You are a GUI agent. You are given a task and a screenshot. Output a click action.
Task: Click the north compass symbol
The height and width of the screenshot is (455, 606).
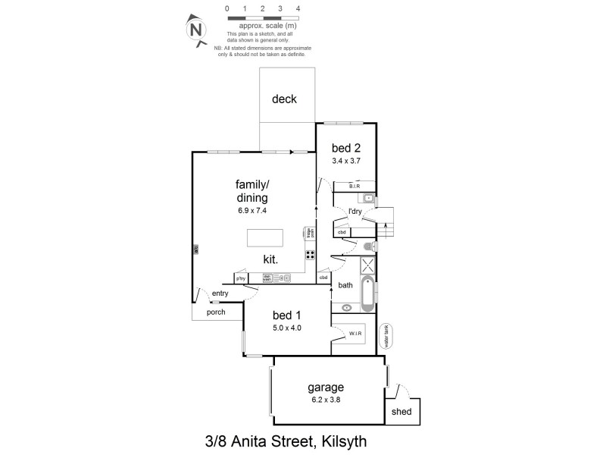point(197,30)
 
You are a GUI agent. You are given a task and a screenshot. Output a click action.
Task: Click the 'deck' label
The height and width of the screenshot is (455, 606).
point(284,99)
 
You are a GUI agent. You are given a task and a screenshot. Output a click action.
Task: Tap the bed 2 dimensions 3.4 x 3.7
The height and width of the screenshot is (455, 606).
point(345,161)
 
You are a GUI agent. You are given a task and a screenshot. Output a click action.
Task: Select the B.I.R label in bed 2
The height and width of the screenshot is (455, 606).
point(354,186)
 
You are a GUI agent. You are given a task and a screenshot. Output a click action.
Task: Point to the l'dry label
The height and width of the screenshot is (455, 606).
point(355,212)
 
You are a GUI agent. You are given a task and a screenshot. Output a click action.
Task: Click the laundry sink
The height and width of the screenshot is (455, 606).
point(367,199)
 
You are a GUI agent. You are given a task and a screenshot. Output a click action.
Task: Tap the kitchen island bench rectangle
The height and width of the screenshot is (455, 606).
point(264,238)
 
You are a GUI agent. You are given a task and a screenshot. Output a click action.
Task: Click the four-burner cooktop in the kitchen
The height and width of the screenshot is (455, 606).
point(310,255)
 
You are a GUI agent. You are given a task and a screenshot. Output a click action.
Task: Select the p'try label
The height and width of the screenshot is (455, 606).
point(241,279)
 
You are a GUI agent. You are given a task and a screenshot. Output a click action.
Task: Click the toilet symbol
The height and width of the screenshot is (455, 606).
point(368,246)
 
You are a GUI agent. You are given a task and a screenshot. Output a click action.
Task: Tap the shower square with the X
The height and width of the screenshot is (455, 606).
point(368,265)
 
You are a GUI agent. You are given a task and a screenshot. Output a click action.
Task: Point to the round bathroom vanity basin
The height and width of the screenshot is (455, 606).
point(347,307)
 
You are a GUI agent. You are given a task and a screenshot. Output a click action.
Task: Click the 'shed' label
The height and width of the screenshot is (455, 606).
point(401,412)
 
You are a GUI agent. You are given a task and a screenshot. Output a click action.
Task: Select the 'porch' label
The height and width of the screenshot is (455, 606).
point(216,312)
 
